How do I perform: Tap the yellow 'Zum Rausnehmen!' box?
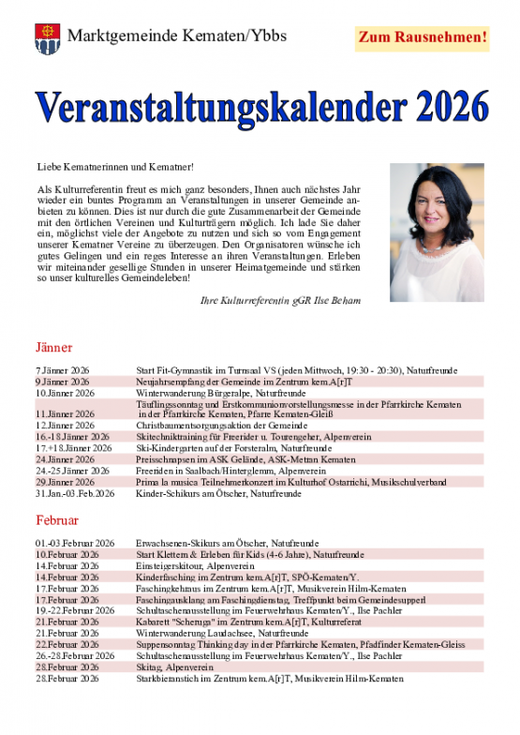(x=423, y=38)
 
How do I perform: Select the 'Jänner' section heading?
(x=54, y=347)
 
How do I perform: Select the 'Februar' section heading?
(x=57, y=519)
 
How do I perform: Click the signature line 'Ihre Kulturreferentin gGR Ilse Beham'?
(x=280, y=300)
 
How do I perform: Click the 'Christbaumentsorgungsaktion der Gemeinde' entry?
(x=221, y=425)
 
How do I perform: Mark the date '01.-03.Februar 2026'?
(x=75, y=544)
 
